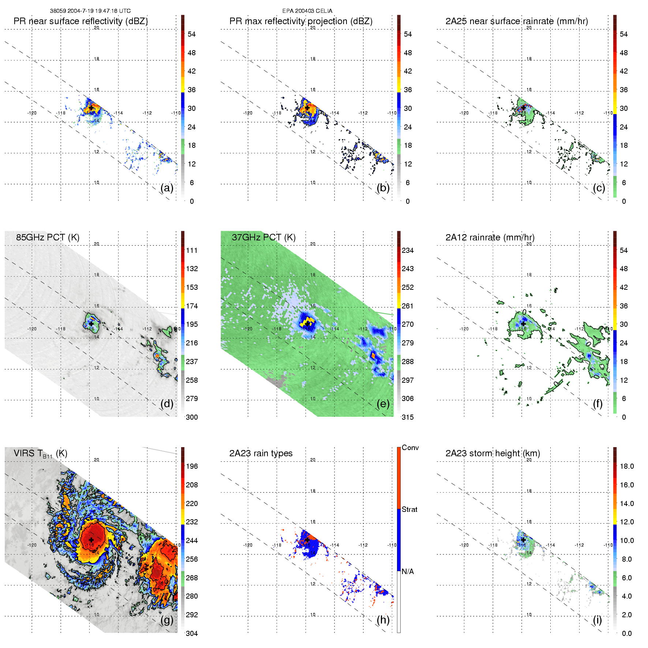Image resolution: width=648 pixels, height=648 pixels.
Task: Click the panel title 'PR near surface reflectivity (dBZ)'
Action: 80,21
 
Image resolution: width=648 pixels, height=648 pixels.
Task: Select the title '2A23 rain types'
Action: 261,453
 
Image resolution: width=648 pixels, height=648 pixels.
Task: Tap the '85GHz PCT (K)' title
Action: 48,237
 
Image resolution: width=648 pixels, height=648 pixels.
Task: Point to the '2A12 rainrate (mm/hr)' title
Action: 490,237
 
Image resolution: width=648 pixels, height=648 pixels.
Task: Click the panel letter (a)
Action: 167,188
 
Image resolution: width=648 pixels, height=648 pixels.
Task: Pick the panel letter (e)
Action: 383,404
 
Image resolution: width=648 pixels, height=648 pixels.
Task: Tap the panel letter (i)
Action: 597,620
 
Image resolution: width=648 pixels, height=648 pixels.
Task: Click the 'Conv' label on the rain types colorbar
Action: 410,447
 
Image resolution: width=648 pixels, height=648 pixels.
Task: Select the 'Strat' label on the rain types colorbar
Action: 409,509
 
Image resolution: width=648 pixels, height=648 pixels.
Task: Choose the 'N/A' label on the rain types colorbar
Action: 408,572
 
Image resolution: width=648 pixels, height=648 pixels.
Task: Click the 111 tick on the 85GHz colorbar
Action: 192,250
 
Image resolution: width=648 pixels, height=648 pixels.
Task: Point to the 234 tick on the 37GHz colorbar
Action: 408,250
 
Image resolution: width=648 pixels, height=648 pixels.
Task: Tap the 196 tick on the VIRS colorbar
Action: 192,466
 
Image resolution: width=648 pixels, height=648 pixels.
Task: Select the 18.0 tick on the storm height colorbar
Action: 627,466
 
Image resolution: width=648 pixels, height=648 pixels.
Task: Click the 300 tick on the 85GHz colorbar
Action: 192,417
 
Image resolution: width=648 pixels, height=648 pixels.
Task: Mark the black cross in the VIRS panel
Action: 91,540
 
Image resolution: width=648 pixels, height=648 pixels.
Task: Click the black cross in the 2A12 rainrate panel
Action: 523,324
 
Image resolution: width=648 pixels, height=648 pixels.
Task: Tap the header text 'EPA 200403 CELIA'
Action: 307,11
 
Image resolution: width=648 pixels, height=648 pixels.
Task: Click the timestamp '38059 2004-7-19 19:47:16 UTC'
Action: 90,11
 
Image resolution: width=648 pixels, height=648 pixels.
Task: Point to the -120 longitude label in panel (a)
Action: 32,113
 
